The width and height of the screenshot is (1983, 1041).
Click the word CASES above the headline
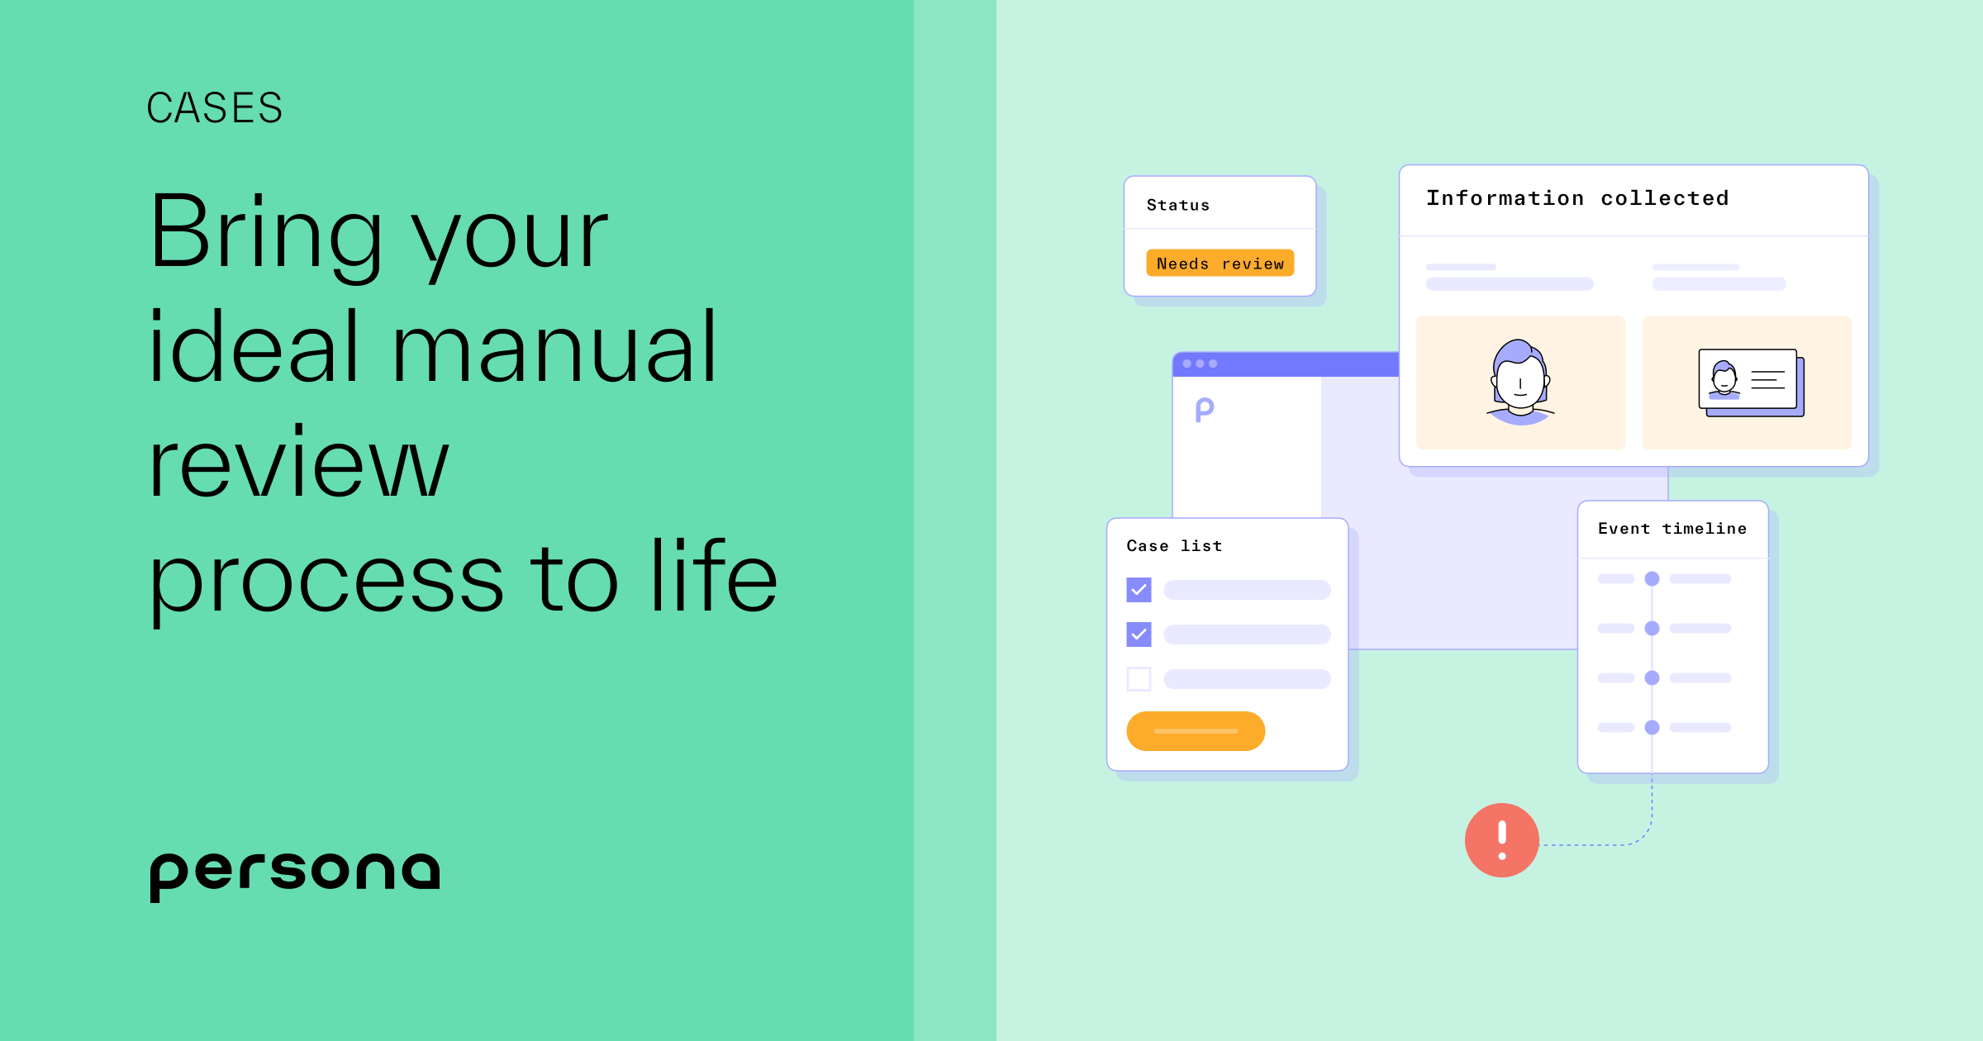click(x=215, y=108)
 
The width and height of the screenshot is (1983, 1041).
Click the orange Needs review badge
click(x=1220, y=264)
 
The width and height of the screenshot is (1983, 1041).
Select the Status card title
click(x=1177, y=205)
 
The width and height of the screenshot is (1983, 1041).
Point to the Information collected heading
click(x=1577, y=198)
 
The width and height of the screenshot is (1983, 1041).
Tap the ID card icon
click(x=1750, y=383)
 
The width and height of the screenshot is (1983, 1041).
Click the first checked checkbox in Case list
click(x=1139, y=590)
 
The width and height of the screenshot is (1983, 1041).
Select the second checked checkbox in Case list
click(x=1139, y=635)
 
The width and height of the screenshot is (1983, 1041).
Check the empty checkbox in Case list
click(x=1139, y=679)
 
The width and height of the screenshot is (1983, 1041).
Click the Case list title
click(x=1174, y=546)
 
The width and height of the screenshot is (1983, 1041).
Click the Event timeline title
click(x=1672, y=529)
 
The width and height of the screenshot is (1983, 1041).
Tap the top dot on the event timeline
click(x=1652, y=579)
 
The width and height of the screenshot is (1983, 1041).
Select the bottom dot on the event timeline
click(x=1652, y=728)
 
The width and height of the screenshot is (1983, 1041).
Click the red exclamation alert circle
click(x=1501, y=840)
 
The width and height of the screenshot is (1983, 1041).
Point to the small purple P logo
click(x=1205, y=409)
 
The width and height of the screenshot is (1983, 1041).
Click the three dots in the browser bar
click(x=1200, y=364)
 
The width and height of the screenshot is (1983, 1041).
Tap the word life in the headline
click(x=714, y=576)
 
